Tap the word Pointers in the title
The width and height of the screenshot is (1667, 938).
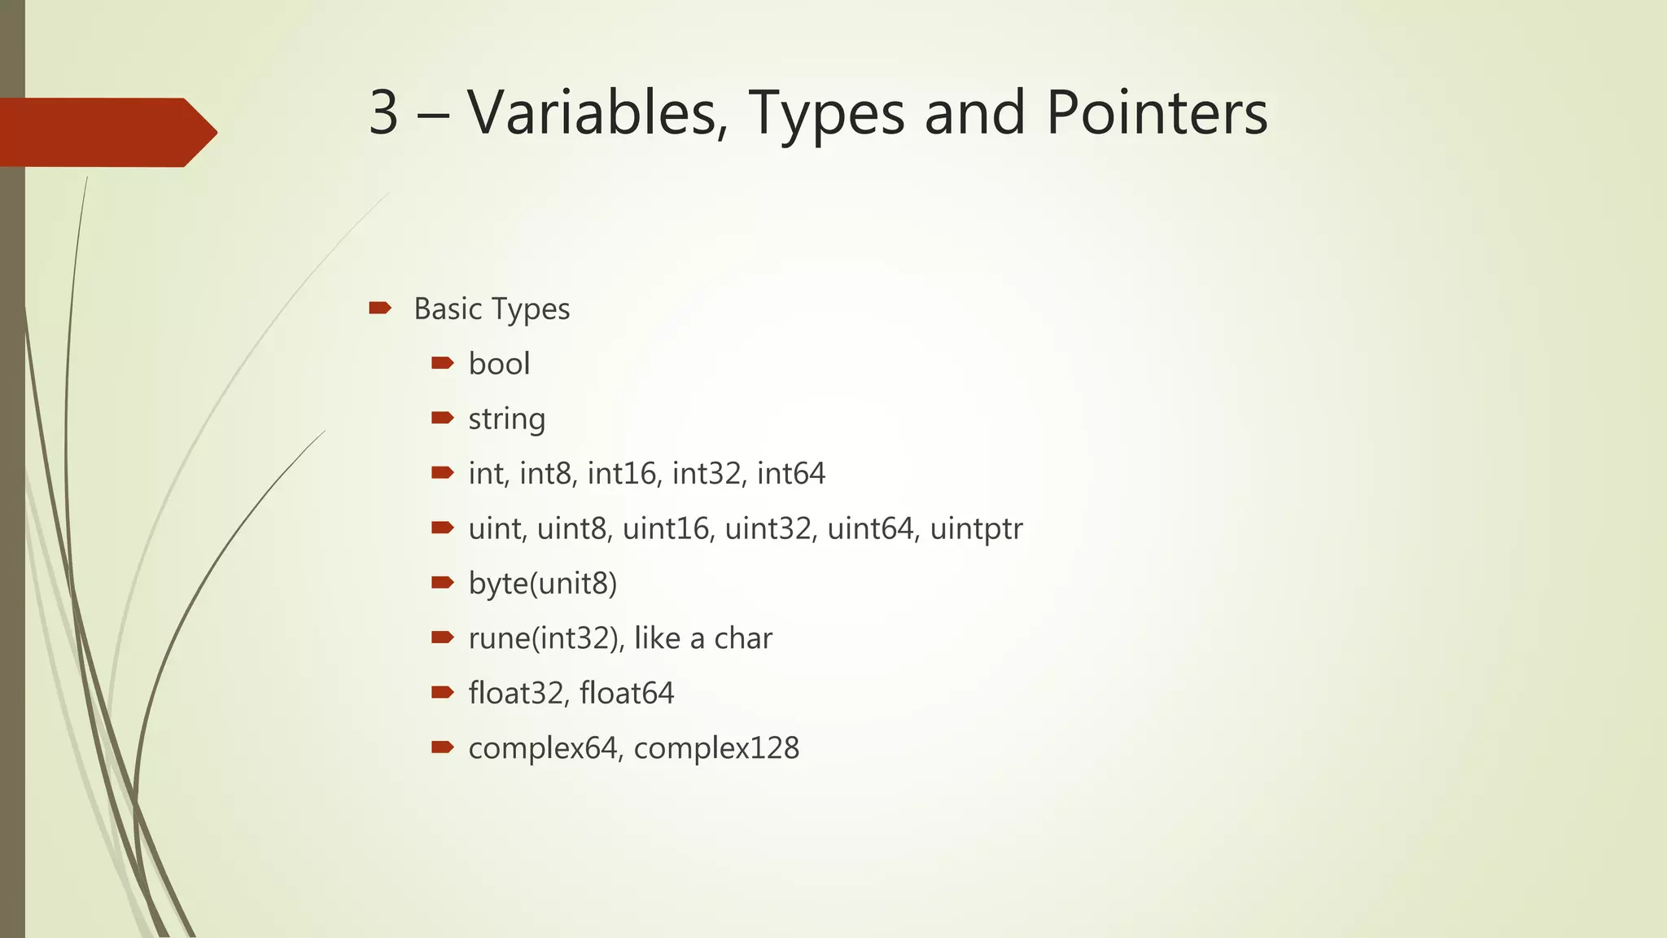(1157, 112)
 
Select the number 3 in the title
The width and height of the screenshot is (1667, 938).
(383, 112)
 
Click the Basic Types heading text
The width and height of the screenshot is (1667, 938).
(492, 309)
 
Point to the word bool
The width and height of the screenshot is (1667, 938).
(499, 364)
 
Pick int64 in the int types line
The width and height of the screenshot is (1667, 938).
(791, 474)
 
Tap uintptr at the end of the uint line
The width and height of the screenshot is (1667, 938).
(976, 529)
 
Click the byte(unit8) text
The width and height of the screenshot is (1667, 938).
(543, 584)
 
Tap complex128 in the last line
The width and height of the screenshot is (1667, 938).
(716, 748)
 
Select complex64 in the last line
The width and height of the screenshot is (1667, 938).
(543, 748)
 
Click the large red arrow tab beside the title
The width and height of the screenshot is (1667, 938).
(106, 132)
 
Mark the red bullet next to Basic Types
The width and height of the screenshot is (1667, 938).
(380, 308)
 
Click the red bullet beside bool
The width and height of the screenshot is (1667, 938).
(442, 363)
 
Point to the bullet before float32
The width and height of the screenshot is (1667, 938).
(442, 693)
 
